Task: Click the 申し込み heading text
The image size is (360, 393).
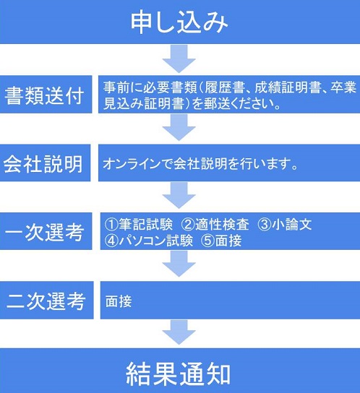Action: [179, 22]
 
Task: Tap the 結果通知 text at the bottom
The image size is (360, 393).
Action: [178, 373]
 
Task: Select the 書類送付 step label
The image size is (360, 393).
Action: [44, 95]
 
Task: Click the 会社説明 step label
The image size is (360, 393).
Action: [43, 164]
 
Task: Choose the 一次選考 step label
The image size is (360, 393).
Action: [44, 232]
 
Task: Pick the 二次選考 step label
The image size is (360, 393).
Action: [46, 301]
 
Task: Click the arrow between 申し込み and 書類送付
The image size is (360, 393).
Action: [179, 59]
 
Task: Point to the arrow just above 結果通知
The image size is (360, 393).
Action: [179, 332]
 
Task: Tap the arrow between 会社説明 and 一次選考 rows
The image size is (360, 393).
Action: [179, 195]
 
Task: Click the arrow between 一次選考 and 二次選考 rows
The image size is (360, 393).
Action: [179, 264]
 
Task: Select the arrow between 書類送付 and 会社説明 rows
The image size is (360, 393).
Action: [179, 127]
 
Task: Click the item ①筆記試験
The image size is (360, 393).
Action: [139, 224]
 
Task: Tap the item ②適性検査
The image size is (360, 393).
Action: [215, 224]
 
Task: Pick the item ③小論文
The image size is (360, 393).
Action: [285, 224]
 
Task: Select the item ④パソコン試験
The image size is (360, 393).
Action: [149, 241]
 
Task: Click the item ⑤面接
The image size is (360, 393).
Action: [221, 241]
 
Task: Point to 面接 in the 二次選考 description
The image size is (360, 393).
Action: [119, 301]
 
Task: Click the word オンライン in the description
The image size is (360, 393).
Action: [132, 164]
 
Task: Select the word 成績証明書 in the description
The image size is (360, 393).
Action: [288, 87]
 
